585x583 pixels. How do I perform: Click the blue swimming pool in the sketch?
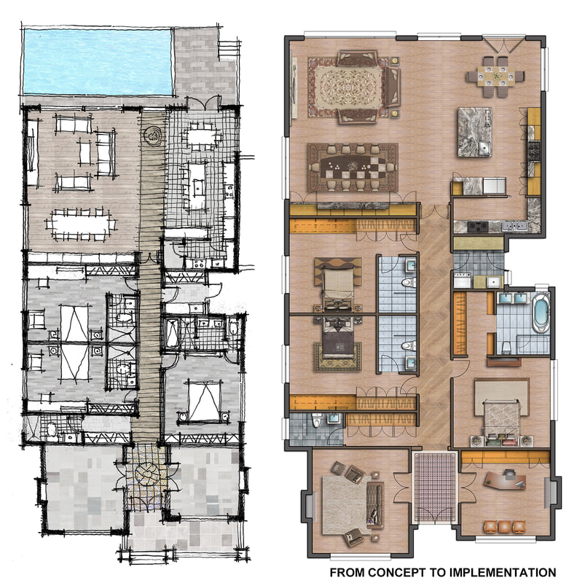coord(98,62)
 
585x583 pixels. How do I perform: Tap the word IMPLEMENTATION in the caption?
coord(503,573)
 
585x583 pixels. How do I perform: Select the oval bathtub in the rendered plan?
coord(540,313)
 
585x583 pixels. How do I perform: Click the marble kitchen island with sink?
coord(474,132)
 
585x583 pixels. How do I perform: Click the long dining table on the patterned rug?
coord(353,167)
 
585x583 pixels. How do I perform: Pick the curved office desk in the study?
coord(504,480)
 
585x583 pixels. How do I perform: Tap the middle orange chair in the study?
coord(504,527)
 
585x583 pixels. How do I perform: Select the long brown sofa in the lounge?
coord(375,505)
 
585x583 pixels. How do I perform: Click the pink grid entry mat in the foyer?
coord(434,487)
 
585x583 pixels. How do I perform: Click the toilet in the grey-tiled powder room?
coord(317,420)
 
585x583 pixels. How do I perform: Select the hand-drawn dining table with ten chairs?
coord(81,224)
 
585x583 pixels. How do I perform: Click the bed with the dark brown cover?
coord(337,338)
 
